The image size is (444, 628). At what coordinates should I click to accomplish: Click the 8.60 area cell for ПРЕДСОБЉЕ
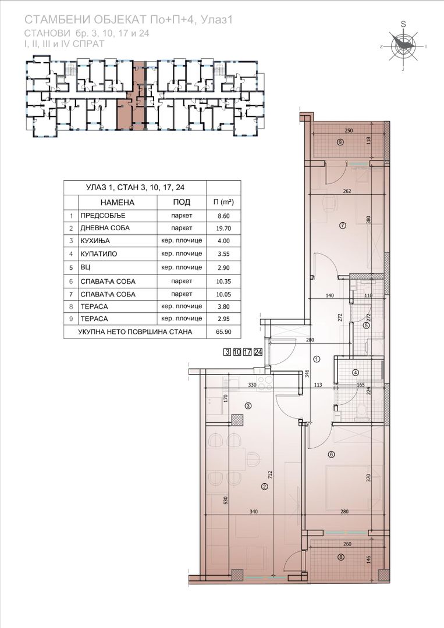coord(223,216)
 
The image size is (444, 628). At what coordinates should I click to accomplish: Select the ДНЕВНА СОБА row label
coord(105,229)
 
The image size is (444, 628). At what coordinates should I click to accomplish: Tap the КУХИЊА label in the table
coord(95,241)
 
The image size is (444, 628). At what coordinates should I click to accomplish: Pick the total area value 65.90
coord(223,331)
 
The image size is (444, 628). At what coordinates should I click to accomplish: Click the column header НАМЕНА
coord(118,202)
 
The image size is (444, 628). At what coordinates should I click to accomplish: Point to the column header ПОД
coord(182,202)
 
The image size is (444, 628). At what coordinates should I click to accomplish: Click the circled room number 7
coord(342,225)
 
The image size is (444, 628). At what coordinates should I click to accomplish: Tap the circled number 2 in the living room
coord(264,487)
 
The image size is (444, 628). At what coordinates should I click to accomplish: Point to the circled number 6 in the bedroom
coord(331,454)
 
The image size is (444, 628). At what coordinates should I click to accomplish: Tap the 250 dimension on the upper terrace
coord(349,131)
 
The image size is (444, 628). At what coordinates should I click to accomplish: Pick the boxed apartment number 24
coord(258,352)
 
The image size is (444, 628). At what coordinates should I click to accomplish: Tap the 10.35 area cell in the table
coord(223,281)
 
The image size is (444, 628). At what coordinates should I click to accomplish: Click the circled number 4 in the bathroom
coord(356,372)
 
